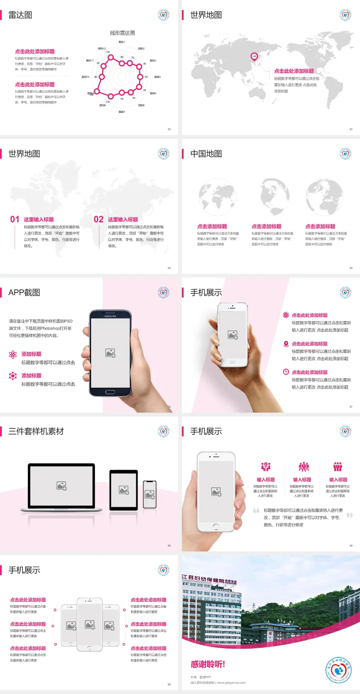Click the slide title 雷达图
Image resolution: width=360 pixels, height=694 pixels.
point(20,15)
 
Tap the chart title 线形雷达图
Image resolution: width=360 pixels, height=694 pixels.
point(122,33)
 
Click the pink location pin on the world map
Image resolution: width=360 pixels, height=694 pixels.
point(254,57)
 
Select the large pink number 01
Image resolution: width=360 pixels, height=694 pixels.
point(15,219)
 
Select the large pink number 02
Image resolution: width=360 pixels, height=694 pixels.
point(99,219)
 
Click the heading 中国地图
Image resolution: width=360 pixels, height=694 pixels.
point(206,154)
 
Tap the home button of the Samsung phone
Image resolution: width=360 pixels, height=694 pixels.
point(110,392)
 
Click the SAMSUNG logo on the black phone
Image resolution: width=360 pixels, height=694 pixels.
point(110,316)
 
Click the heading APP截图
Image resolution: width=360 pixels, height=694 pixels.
point(24,293)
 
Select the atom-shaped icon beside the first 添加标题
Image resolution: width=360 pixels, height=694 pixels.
point(13,355)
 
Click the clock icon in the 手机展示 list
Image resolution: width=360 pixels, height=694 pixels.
point(286,372)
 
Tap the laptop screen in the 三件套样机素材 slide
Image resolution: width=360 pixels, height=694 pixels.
point(61,485)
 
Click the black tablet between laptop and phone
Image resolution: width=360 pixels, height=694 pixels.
point(124,490)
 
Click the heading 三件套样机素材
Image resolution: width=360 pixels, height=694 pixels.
point(36,431)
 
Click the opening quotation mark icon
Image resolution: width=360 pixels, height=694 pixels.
point(256,511)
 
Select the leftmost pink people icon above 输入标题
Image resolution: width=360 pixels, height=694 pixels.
point(265,467)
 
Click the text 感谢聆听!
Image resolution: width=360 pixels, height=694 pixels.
point(208,664)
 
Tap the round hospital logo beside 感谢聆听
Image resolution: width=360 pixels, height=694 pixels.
point(338,670)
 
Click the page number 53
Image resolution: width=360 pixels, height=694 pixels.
point(351,129)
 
